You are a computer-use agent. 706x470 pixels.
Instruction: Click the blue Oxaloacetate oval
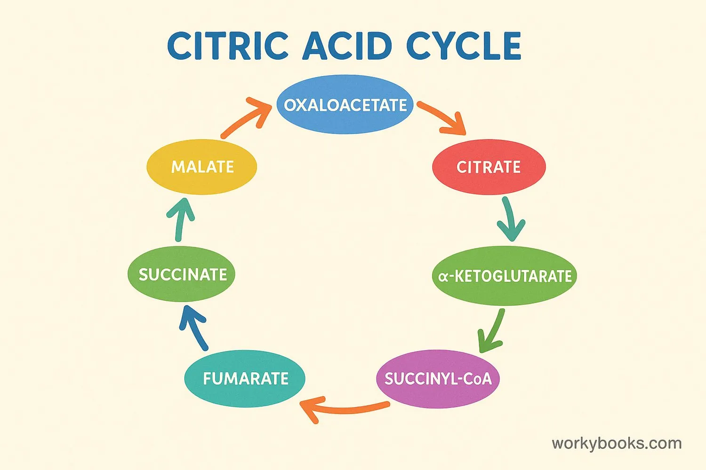pyautogui.click(x=345, y=104)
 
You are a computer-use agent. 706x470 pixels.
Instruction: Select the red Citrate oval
pyautogui.click(x=489, y=167)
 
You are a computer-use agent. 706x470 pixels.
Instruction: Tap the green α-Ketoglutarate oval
pyautogui.click(x=505, y=275)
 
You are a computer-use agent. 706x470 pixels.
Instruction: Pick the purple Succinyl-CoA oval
pyautogui.click(x=438, y=378)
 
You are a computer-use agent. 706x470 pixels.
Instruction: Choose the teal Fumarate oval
pyautogui.click(x=245, y=378)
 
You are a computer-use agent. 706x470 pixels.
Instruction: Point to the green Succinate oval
pyautogui.click(x=182, y=274)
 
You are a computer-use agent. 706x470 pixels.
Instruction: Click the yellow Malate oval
pyautogui.click(x=202, y=167)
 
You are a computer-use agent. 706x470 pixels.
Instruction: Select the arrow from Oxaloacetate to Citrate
pyautogui.click(x=441, y=117)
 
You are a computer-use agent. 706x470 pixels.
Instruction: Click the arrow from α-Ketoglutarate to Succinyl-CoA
pyautogui.click(x=492, y=331)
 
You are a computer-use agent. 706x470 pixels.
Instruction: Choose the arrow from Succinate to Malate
pyautogui.click(x=180, y=219)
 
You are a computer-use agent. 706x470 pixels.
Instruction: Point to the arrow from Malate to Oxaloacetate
pyautogui.click(x=246, y=117)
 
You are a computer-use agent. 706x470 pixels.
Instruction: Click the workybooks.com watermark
pyautogui.click(x=617, y=443)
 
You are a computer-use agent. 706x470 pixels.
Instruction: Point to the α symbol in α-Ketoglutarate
pyautogui.click(x=442, y=277)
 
